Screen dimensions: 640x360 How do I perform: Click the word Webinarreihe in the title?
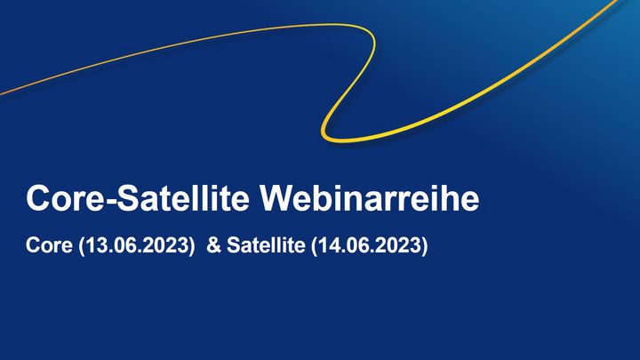point(370,198)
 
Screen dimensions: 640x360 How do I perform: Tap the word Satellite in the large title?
point(183,198)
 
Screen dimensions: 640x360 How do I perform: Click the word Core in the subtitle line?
point(49,245)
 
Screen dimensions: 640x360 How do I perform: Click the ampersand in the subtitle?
point(213,245)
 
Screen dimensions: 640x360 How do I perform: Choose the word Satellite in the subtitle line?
point(266,245)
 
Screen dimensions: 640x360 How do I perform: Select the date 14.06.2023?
point(370,245)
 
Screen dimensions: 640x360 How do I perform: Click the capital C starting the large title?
point(38,198)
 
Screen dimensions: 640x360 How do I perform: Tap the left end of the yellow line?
point(1,95)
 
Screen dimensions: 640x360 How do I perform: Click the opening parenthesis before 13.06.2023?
point(82,245)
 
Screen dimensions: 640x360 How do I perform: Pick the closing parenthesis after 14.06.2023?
point(425,245)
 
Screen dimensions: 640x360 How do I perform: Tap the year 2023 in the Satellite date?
point(403,245)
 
